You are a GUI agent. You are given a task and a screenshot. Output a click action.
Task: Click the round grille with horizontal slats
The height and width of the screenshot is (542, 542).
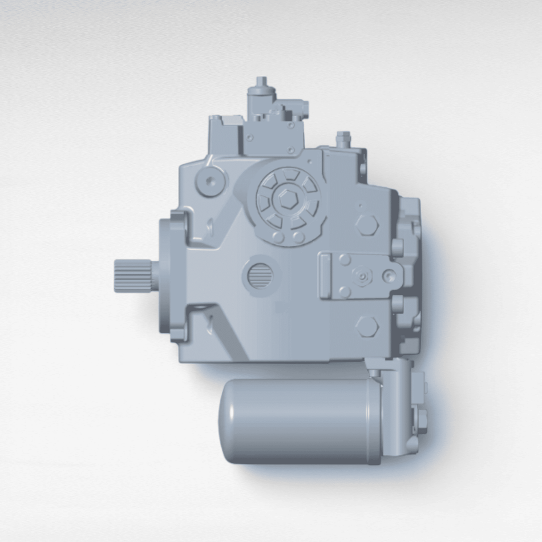[261, 276]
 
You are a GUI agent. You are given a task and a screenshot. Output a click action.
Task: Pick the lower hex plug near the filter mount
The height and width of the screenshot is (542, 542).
[367, 327]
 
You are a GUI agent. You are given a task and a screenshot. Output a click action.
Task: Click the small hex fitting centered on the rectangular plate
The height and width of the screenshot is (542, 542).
[361, 276]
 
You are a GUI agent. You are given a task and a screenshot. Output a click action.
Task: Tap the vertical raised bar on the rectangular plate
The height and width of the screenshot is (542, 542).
[326, 276]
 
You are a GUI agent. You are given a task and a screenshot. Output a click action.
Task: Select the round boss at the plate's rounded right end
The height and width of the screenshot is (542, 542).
[390, 276]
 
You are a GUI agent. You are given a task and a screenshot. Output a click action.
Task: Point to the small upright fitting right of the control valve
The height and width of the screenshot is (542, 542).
[343, 138]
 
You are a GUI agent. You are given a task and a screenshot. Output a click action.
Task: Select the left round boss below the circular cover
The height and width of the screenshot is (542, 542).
[278, 236]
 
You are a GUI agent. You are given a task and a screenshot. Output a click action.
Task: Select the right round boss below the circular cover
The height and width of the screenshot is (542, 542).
[298, 236]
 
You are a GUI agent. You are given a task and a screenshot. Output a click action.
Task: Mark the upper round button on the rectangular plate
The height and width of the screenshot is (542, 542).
[345, 260]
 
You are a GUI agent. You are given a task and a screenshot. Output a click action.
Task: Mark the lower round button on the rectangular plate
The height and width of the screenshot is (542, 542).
[345, 292]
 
